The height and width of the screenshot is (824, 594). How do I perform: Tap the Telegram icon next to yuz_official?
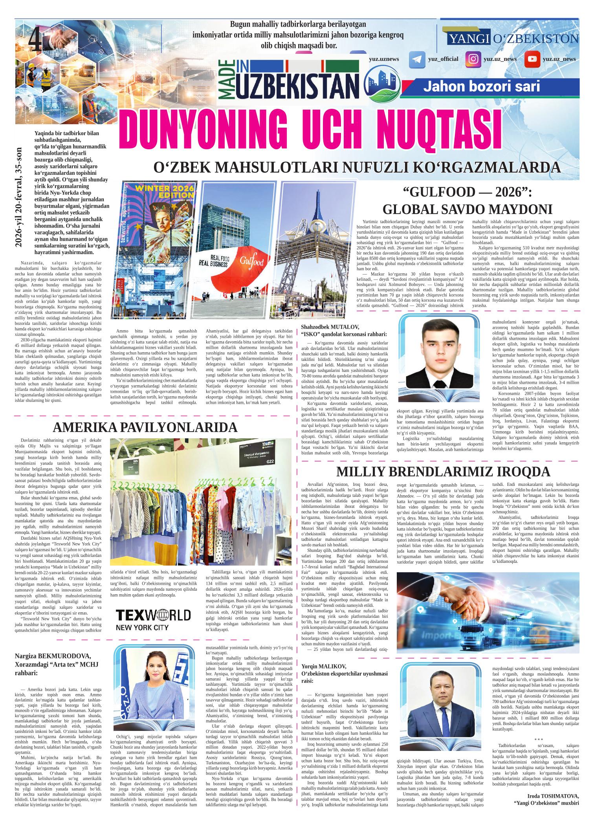click(x=417, y=59)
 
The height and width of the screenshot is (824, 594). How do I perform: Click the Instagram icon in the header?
click(x=474, y=59)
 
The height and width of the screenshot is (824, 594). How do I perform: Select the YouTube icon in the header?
click(x=532, y=59)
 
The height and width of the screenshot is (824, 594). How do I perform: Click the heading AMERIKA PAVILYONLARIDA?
click(x=145, y=427)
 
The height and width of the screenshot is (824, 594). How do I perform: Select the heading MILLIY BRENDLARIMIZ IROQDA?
click(x=443, y=471)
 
